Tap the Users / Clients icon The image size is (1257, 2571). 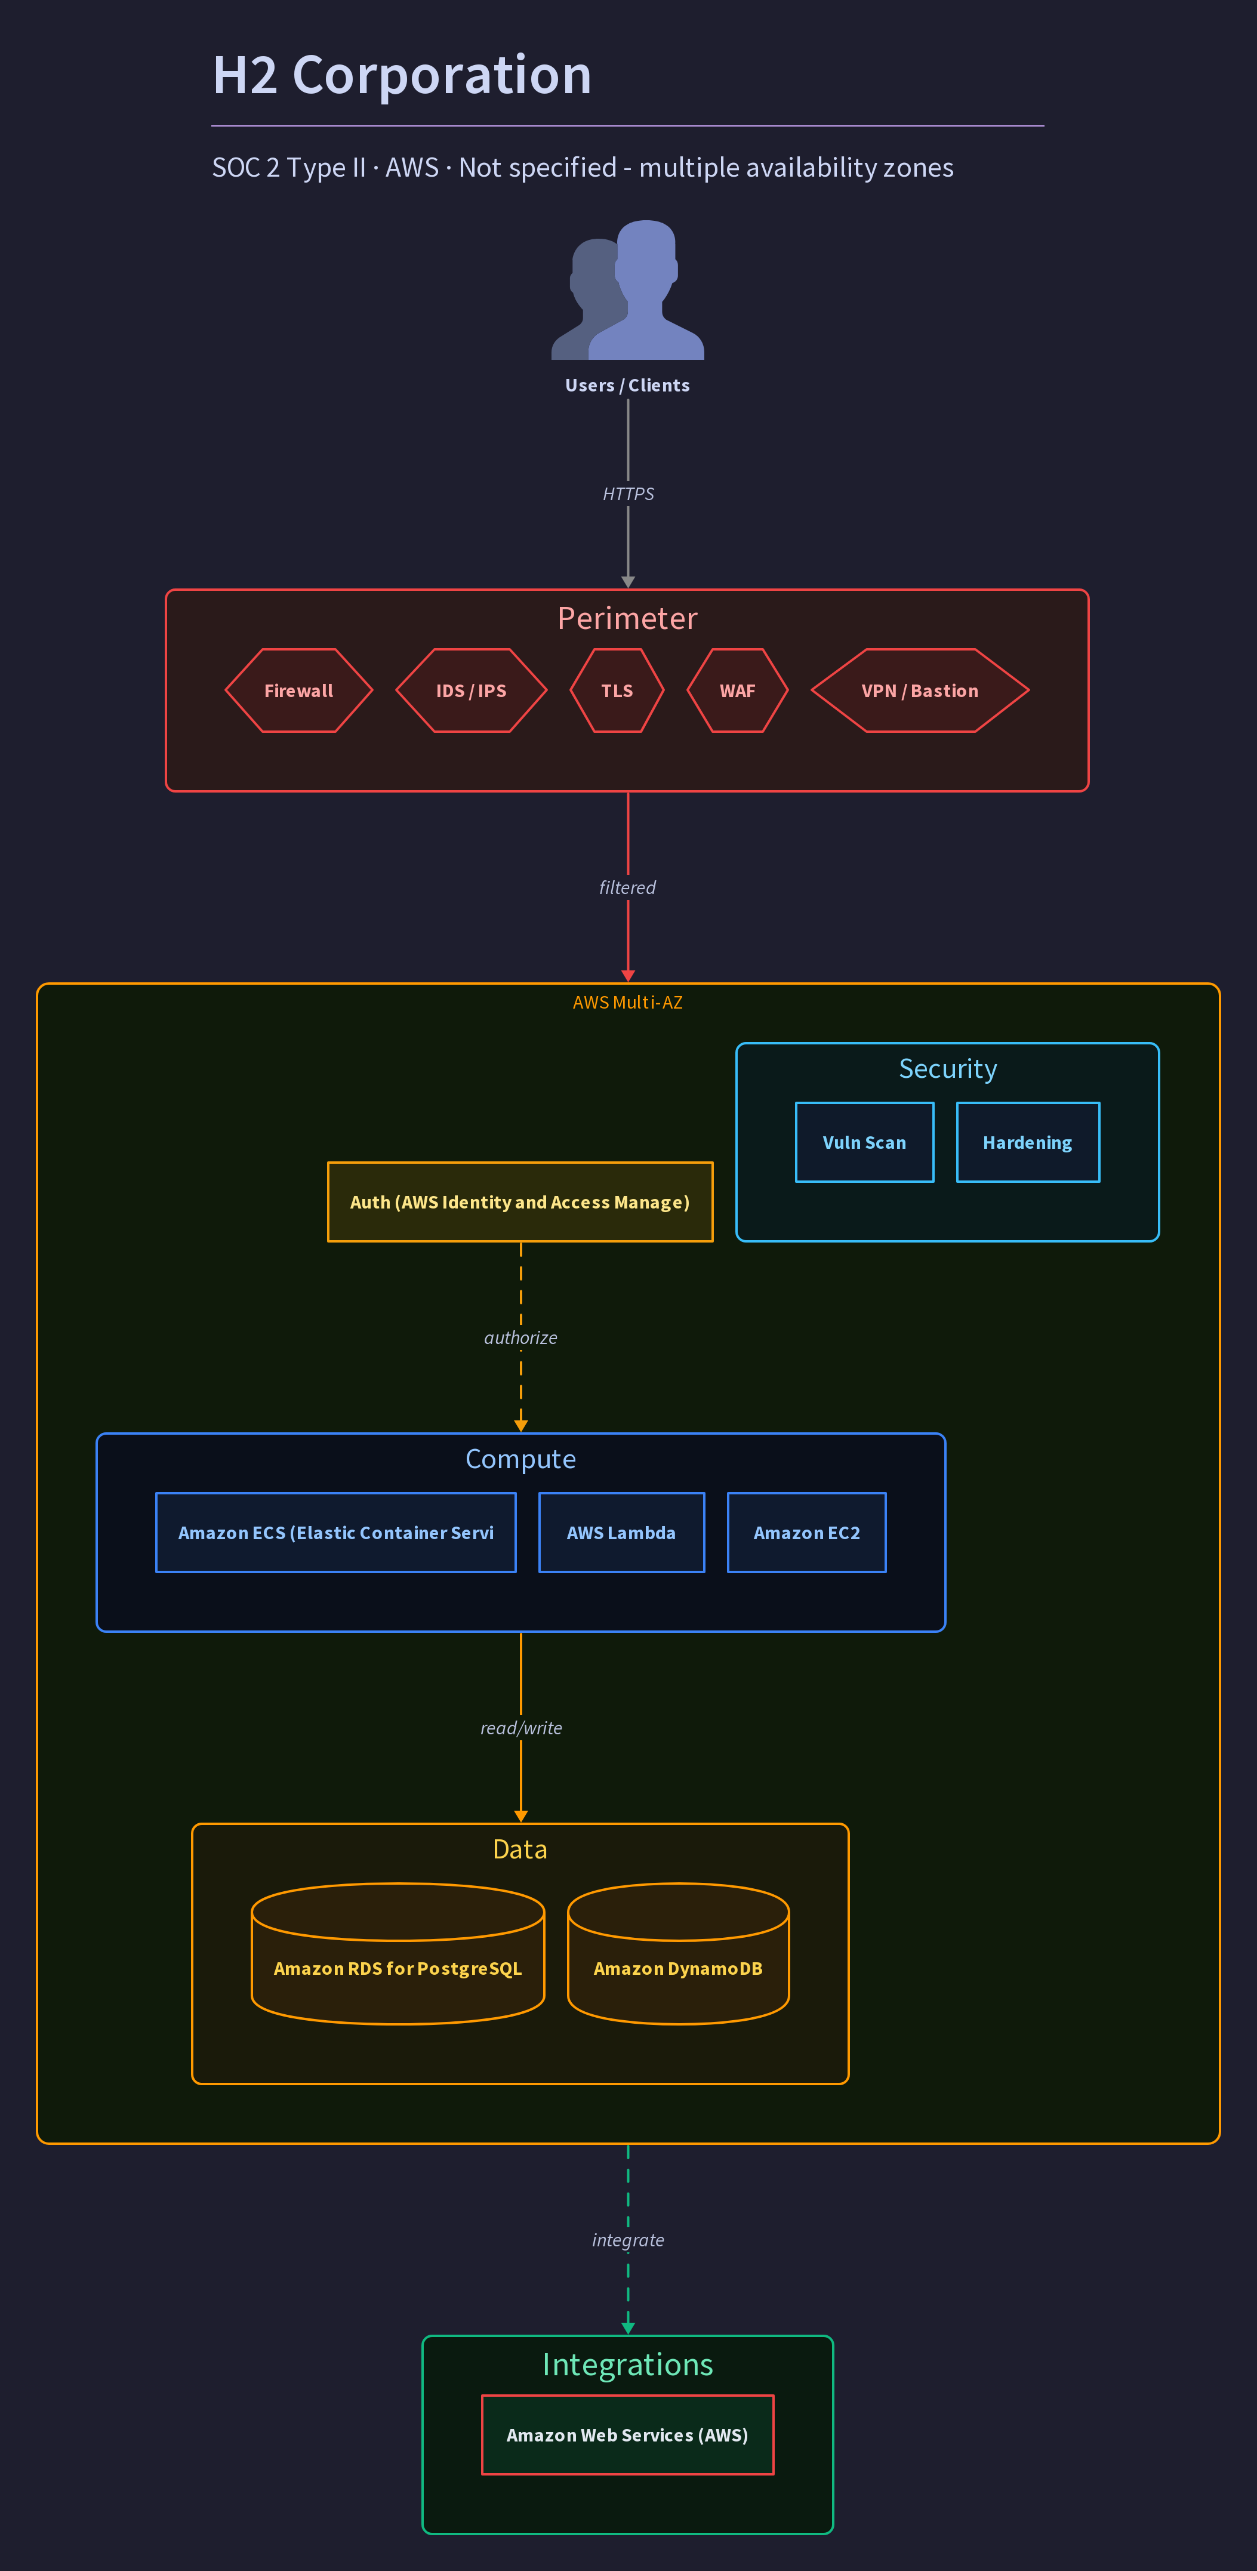tap(628, 289)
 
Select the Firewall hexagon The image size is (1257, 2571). tap(298, 690)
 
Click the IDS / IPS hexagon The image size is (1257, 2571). tap(472, 690)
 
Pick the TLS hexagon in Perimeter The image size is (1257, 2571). tap(617, 690)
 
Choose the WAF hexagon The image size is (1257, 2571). tap(738, 690)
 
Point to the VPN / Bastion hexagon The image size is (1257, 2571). tap(920, 690)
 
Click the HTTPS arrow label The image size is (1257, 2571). tap(628, 494)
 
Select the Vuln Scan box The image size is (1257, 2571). tap(865, 1143)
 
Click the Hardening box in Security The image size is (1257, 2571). tap(1027, 1143)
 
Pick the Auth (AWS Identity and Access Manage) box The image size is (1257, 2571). tap(520, 1202)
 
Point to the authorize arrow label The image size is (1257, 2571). tap(520, 1337)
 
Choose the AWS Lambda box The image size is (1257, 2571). tap(621, 1533)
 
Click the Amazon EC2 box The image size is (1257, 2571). tap(807, 1533)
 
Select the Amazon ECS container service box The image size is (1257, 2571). tap(335, 1533)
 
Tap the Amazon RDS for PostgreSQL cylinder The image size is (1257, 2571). tap(398, 1953)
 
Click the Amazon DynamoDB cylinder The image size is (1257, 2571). tap(678, 1953)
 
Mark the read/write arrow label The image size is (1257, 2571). tap(521, 1728)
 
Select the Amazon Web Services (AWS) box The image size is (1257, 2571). tap(627, 2436)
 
